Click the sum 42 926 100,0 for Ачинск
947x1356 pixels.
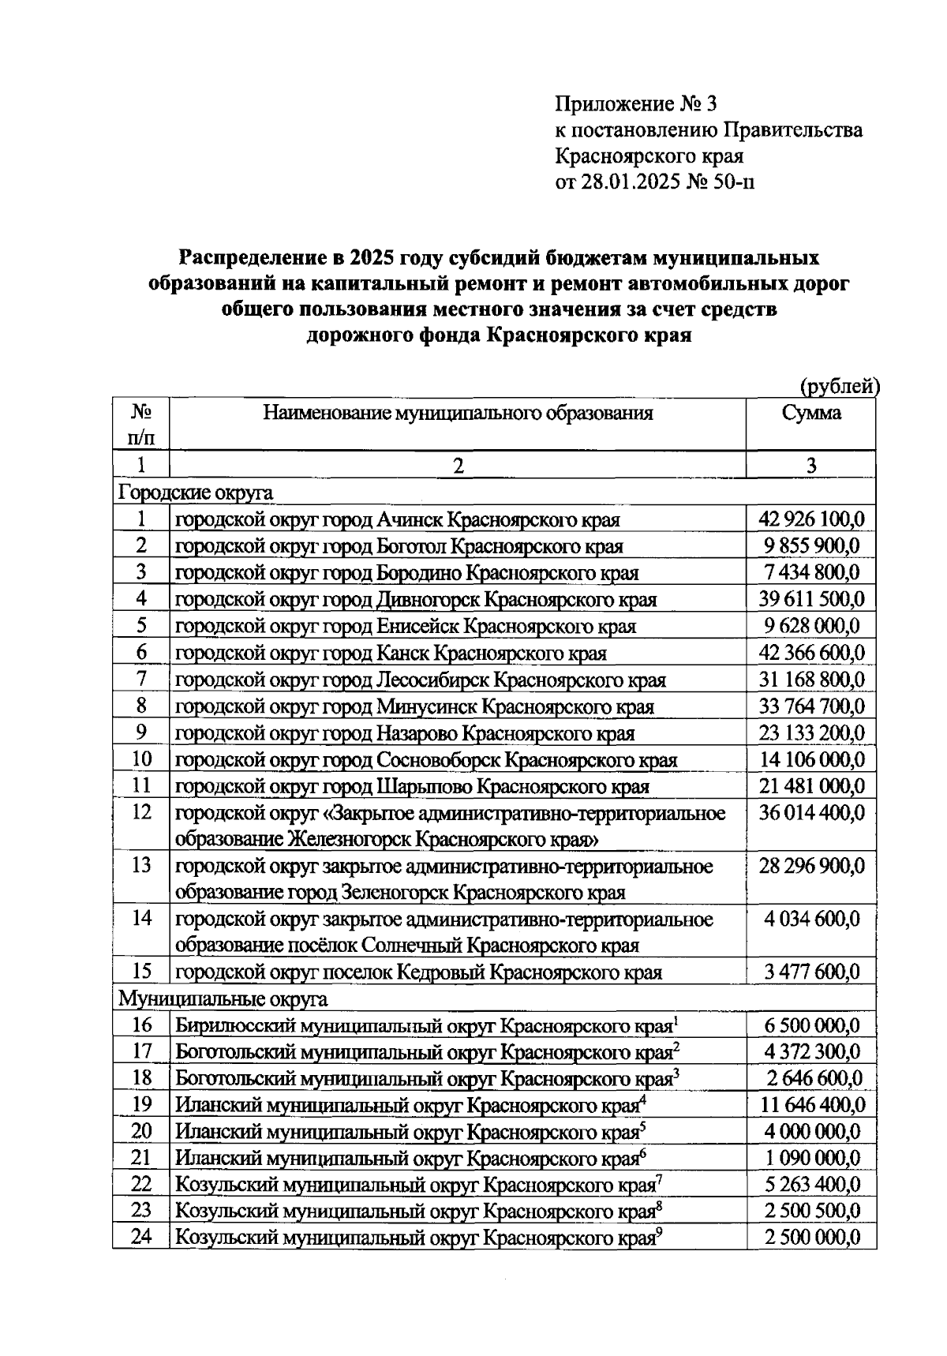pos(811,519)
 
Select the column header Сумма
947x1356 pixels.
pos(811,413)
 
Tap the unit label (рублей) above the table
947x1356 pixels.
pos(839,387)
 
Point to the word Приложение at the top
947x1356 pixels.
pos(612,104)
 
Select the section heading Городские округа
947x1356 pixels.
pos(196,493)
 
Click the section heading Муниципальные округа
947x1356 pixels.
pos(223,999)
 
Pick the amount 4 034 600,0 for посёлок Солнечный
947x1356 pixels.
pos(811,920)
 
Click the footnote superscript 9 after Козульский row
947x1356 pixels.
pos(659,1234)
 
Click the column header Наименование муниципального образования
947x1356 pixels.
pos(458,413)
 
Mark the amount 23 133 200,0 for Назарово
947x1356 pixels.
pos(811,732)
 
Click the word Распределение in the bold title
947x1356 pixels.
pos(253,258)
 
